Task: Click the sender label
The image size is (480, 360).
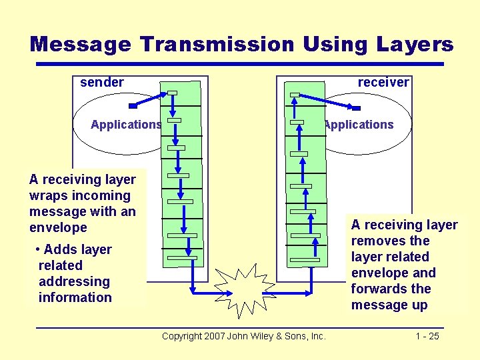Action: pyautogui.click(x=102, y=83)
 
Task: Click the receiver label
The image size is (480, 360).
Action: pyautogui.click(x=383, y=83)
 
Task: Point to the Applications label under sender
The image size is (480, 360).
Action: pyautogui.click(x=126, y=125)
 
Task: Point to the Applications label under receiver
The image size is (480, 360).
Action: pyautogui.click(x=359, y=125)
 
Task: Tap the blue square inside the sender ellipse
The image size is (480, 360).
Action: pyautogui.click(x=133, y=105)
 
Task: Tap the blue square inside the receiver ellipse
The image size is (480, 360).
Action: pyautogui.click(x=356, y=107)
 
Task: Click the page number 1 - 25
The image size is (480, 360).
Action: pyautogui.click(x=427, y=336)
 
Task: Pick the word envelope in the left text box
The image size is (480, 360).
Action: pyautogui.click(x=58, y=228)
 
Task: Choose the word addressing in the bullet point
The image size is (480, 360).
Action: pyautogui.click(x=74, y=281)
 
